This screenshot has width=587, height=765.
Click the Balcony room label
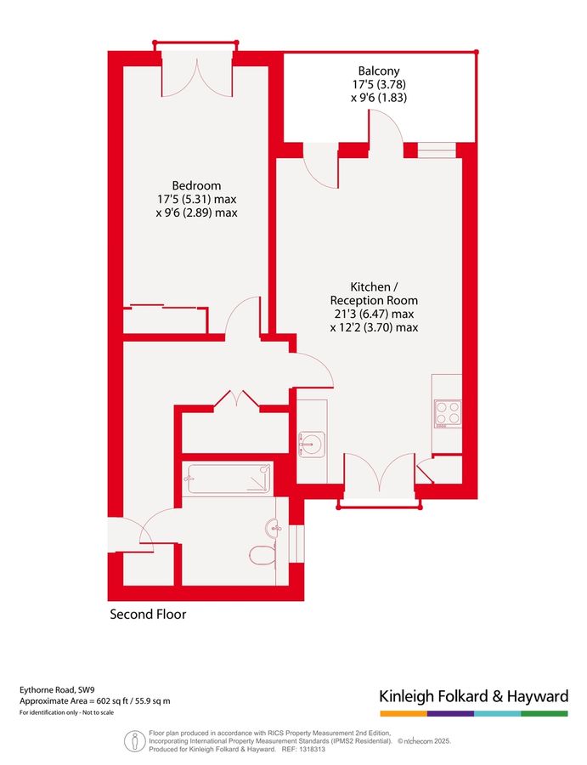pyautogui.click(x=379, y=71)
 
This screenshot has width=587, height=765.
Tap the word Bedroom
pyautogui.click(x=196, y=185)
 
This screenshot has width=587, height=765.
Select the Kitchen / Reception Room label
pyautogui.click(x=374, y=293)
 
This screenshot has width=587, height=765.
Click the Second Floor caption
pyautogui.click(x=148, y=614)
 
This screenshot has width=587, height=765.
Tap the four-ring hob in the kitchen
pyautogui.click(x=448, y=412)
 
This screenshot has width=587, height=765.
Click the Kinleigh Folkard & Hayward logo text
pyautogui.click(x=473, y=697)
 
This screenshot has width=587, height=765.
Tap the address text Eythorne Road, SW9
pyautogui.click(x=59, y=690)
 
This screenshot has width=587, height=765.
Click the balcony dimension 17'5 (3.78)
pyautogui.click(x=379, y=84)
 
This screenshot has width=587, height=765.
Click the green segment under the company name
pyautogui.click(x=544, y=713)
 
